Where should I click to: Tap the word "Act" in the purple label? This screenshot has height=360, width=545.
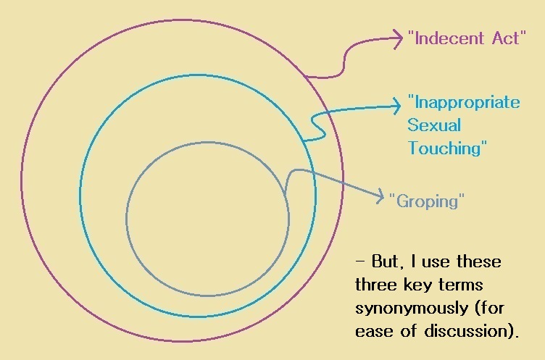click(x=506, y=38)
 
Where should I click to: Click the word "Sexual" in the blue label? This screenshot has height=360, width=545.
click(x=434, y=125)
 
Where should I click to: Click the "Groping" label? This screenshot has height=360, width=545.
click(x=427, y=201)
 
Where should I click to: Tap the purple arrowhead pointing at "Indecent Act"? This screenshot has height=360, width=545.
click(x=398, y=38)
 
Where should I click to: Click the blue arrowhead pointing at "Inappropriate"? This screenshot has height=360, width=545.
click(x=396, y=105)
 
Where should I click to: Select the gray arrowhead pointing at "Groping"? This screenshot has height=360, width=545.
click(x=380, y=197)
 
